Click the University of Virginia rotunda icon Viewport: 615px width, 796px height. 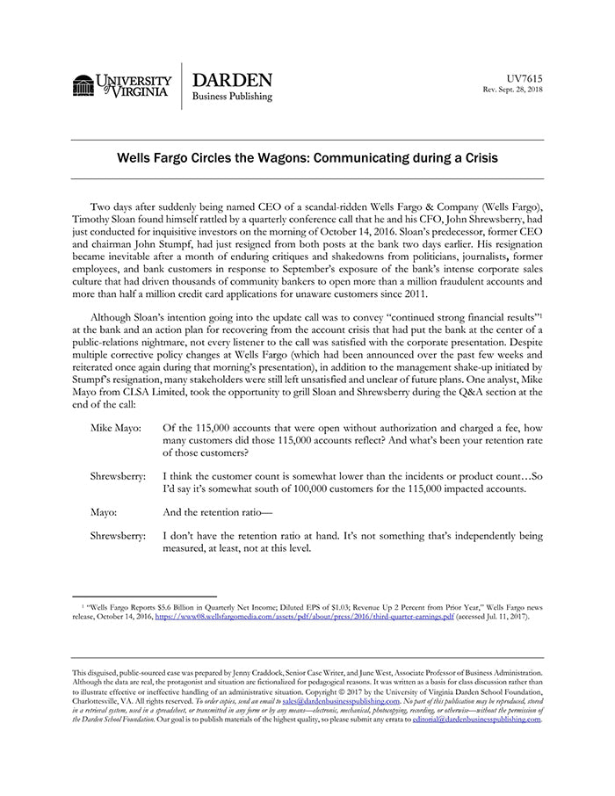pyautogui.click(x=83, y=85)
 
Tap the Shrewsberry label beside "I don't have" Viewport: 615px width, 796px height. pyautogui.click(x=118, y=535)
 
